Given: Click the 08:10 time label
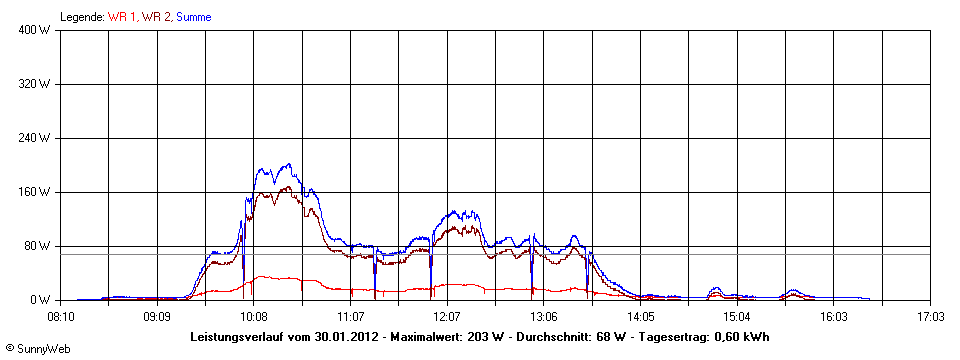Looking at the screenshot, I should pos(60,316).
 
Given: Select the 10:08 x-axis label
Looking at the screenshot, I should pos(254,316).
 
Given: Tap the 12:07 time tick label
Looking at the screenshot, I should pos(447,316).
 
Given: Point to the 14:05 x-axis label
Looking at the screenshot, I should pos(640,316).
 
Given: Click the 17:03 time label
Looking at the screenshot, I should pos(930,316).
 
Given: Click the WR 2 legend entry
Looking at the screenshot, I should pos(157,17).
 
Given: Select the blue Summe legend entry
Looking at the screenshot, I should pos(193,17).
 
